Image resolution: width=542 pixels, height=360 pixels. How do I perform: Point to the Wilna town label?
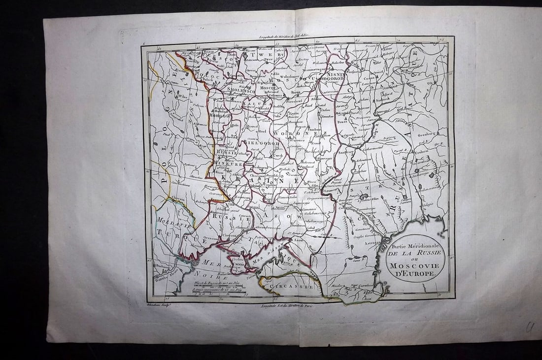point(183,97)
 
